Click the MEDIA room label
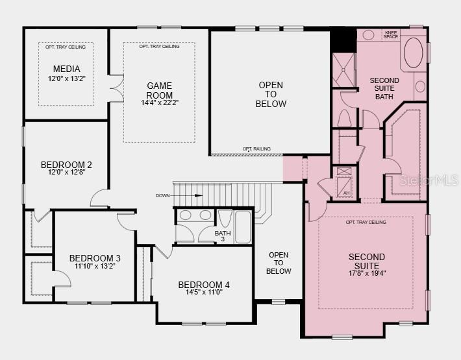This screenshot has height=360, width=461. [x=66, y=69]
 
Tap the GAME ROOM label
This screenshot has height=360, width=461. [x=159, y=86]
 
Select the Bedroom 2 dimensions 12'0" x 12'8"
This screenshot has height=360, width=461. [x=66, y=173]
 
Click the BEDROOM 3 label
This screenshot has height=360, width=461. [x=95, y=258]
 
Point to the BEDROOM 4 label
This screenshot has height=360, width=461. [x=204, y=285]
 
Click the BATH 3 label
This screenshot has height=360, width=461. [x=223, y=236]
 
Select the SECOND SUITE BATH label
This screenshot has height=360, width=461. [x=384, y=89]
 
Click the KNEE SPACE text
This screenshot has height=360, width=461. [x=391, y=34]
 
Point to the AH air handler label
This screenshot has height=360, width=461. [x=346, y=193]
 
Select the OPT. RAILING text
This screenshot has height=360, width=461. [x=256, y=149]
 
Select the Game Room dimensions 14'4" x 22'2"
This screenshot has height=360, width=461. [x=159, y=102]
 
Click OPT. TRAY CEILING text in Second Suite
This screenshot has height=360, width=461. [x=366, y=222]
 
